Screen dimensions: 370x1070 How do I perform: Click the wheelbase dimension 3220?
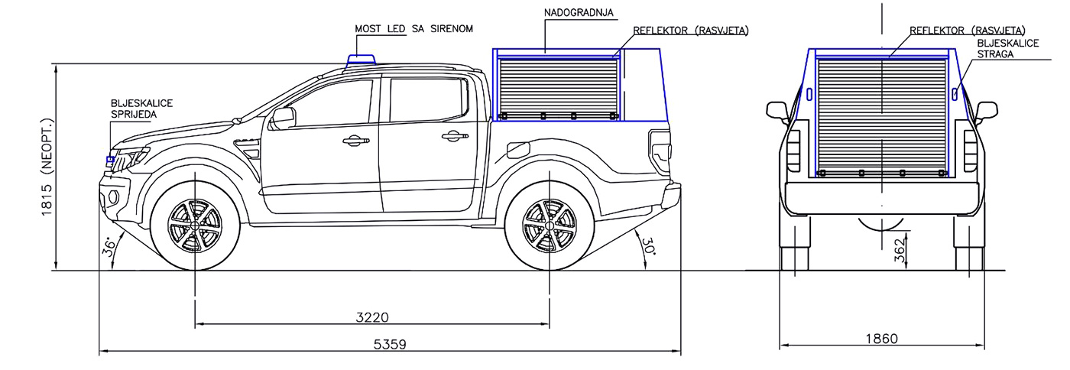pos(372,317)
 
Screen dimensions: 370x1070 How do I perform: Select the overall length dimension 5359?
pos(390,344)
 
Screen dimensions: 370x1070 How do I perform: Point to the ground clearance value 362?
pos(900,249)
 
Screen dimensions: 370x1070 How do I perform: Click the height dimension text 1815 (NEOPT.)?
pos(47,167)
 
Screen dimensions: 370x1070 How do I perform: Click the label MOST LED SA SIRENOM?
pos(414,28)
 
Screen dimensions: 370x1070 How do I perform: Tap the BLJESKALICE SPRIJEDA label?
pos(141,107)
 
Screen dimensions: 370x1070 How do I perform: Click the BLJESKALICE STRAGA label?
pos(1007,49)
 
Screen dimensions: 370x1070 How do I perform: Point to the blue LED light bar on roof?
pos(361,61)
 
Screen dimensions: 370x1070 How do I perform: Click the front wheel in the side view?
pos(196,228)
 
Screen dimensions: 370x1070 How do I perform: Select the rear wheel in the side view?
pos(549,228)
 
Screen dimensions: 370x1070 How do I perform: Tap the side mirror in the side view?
pos(283,118)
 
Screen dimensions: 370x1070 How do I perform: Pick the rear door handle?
pos(452,136)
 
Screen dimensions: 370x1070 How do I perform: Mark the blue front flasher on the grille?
pos(110,160)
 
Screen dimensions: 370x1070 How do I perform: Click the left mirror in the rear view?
pos(777,110)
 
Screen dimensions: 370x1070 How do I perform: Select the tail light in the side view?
pos(658,146)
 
